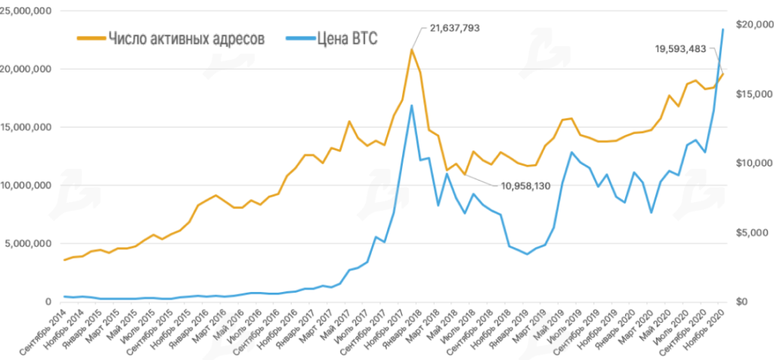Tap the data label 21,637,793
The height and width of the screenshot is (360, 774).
point(454,28)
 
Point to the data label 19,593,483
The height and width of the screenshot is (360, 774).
point(680,49)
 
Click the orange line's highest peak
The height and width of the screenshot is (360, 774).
point(412,50)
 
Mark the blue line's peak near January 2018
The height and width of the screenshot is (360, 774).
point(412,105)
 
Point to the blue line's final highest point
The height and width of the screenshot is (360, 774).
point(723,29)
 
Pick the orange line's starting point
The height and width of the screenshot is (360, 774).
point(64,260)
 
